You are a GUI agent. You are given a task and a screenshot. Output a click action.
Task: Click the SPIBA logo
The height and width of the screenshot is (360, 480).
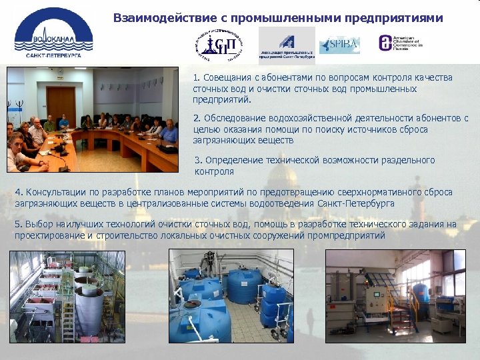(339, 45)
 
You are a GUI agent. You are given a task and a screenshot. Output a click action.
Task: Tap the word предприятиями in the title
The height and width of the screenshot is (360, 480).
(399, 18)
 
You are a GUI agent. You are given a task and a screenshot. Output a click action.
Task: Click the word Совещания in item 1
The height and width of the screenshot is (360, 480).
(225, 77)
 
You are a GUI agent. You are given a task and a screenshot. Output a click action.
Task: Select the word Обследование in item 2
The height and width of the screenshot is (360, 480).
(233, 118)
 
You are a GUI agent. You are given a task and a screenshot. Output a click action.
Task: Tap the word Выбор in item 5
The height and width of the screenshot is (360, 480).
(37, 224)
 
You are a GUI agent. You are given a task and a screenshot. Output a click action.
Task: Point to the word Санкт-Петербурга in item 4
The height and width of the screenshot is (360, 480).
(356, 203)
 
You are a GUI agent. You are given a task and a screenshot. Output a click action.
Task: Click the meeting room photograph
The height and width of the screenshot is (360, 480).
(93, 119)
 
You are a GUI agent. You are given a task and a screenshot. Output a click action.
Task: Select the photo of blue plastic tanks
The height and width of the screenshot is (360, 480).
(231, 296)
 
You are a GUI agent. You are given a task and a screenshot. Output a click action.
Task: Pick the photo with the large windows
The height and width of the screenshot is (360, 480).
(395, 296)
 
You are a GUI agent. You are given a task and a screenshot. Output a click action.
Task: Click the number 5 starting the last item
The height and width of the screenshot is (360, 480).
(17, 224)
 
